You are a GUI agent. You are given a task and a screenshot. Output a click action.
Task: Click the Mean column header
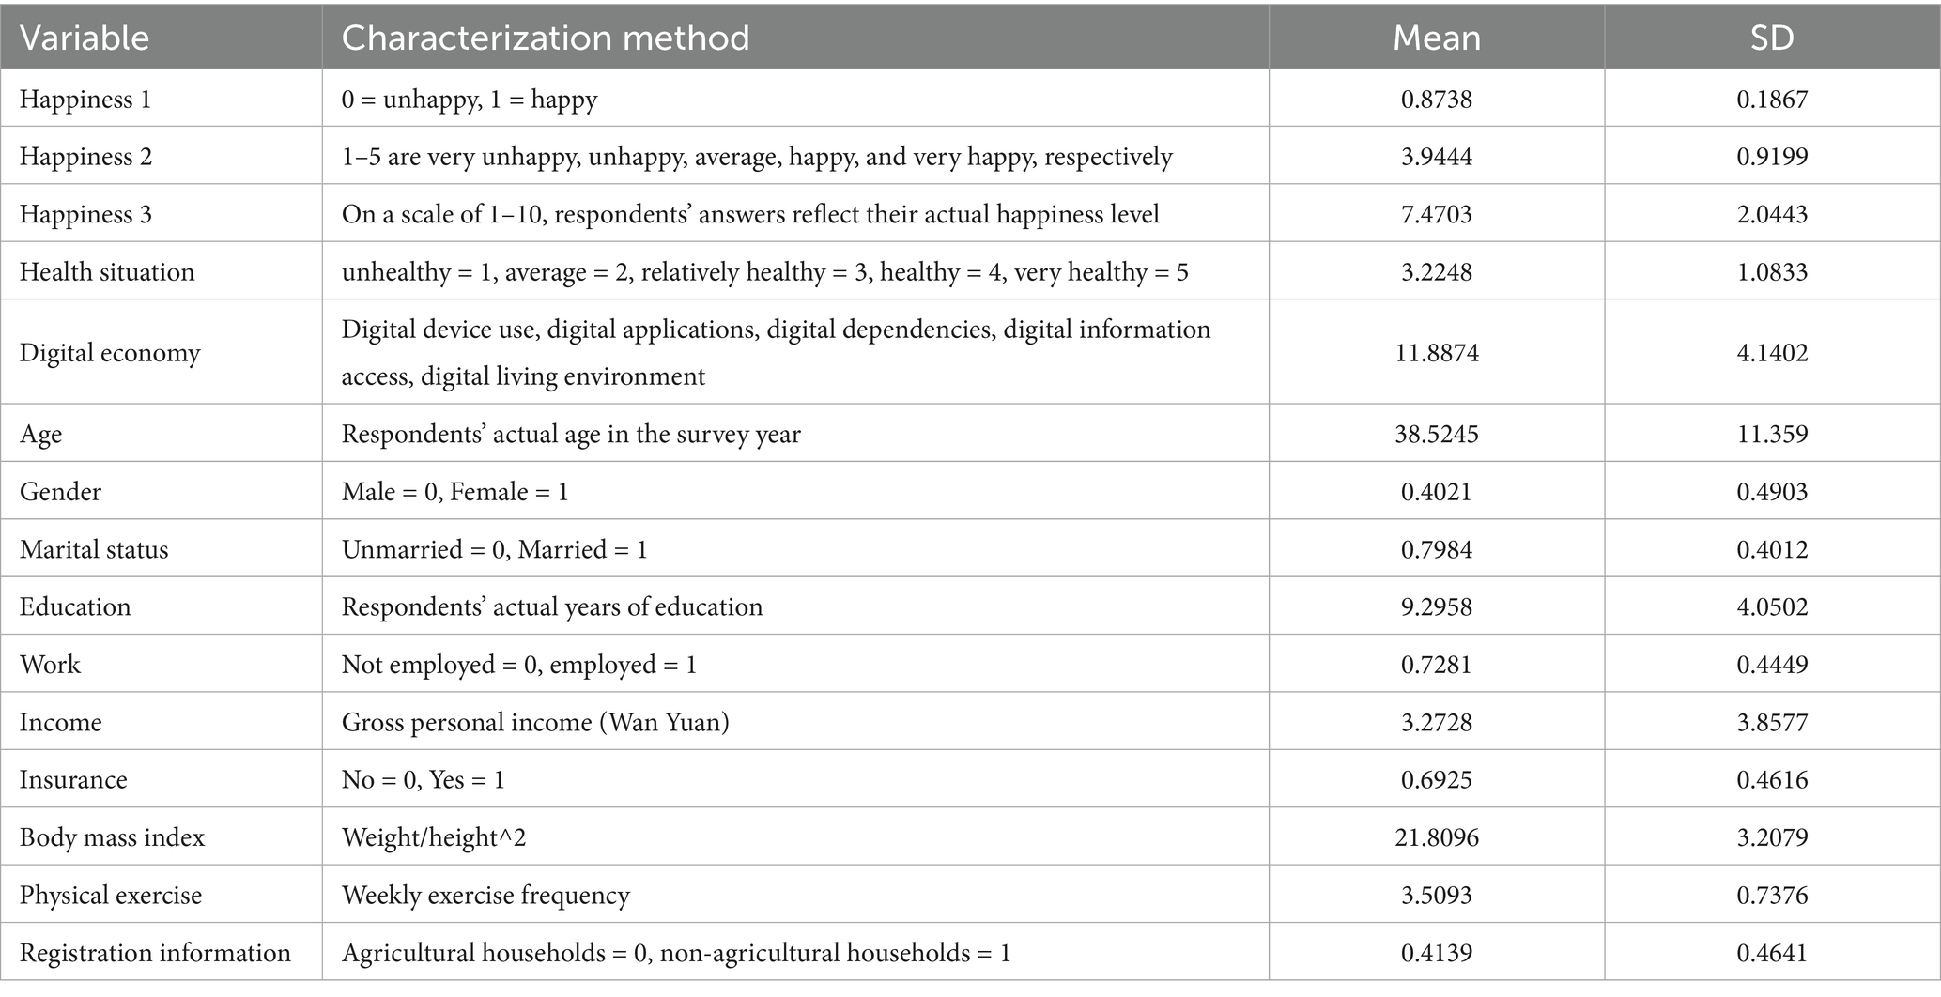point(1436,38)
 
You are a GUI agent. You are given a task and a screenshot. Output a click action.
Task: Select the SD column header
point(1772,38)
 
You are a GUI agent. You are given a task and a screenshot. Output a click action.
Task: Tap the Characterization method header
point(545,38)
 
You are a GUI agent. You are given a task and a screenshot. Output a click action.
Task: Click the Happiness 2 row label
point(85,156)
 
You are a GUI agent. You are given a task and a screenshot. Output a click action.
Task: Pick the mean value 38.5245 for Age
point(1436,434)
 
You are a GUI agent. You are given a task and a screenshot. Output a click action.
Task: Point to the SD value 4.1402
point(1772,353)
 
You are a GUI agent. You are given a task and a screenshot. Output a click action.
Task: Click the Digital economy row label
point(110,353)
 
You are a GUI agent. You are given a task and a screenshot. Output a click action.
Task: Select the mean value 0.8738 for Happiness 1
point(1436,99)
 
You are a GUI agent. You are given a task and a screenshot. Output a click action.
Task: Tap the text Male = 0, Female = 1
point(454,492)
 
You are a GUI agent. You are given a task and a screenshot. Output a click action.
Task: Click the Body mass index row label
point(112,837)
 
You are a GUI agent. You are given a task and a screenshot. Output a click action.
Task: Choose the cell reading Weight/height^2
point(433,837)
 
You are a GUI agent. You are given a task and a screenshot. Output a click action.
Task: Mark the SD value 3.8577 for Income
point(1772,722)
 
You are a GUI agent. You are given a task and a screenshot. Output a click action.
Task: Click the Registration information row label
point(155,953)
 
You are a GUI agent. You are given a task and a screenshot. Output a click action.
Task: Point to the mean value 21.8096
point(1436,837)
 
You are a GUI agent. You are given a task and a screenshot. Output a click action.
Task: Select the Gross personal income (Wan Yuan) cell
point(535,722)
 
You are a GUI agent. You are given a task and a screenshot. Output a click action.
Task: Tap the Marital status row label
point(94,549)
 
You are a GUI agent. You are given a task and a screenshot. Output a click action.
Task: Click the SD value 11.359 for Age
point(1772,434)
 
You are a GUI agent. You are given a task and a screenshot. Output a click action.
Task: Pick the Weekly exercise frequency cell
point(485,895)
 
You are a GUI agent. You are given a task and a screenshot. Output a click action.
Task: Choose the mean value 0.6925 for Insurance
point(1436,779)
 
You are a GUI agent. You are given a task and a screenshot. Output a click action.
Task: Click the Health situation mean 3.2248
point(1436,272)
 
